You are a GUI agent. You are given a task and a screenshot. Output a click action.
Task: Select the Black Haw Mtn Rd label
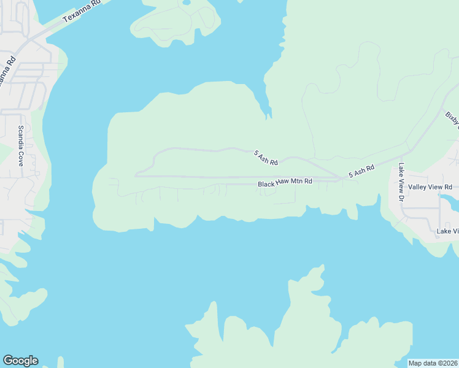pos(285,183)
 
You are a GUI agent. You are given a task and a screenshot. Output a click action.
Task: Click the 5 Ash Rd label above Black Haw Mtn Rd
pos(266,158)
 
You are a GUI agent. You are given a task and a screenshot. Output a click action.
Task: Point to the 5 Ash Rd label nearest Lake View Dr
pos(361,171)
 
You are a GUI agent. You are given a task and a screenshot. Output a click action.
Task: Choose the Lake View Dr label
pos(401,182)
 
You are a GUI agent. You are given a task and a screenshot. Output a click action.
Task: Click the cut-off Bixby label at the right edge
pos(452,120)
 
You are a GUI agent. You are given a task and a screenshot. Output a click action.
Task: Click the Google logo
pos(20,360)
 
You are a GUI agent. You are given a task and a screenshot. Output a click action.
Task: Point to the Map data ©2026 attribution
pos(433,363)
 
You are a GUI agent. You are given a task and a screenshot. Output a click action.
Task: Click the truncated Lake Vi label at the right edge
pos(447,231)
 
